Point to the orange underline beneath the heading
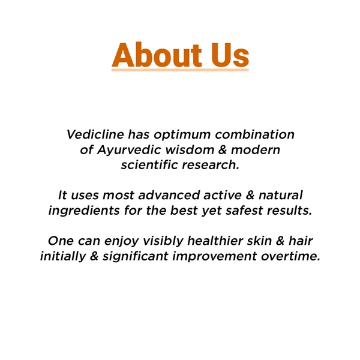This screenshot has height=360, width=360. coord(180,70)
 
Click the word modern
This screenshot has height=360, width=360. coord(258,149)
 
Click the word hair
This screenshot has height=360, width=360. coord(301,241)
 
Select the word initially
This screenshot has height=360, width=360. coord(62,256)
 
